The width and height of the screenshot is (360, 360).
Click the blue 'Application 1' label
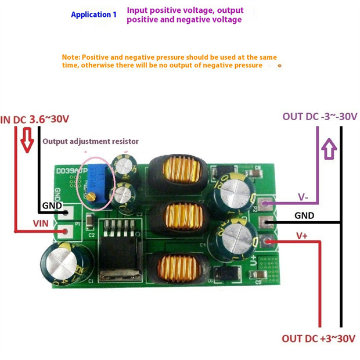click(93, 15)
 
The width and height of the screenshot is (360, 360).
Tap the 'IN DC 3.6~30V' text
click(35, 119)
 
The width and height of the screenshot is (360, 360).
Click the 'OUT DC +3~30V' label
click(318, 339)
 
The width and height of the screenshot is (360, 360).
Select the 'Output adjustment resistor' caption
click(91, 141)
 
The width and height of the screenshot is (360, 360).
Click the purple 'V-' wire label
click(303, 197)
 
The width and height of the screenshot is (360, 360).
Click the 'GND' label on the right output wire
click(304, 215)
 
